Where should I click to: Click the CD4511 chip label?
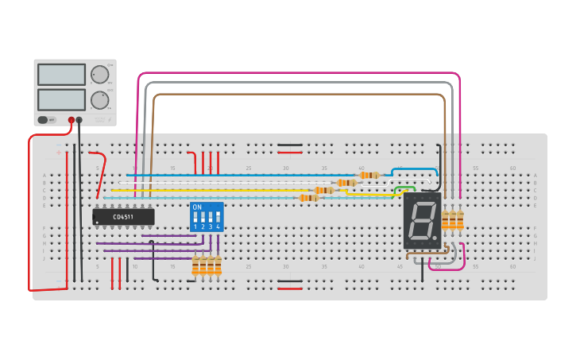(123, 216)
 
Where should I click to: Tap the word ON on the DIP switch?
(197, 207)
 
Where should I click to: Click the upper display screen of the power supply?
(61, 75)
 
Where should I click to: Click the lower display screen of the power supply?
(61, 99)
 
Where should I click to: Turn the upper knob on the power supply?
(99, 75)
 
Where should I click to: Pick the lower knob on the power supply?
(99, 100)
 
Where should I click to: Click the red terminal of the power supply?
(72, 120)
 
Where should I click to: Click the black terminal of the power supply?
(79, 120)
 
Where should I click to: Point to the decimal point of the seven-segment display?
(435, 238)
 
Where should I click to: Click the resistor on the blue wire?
(369, 175)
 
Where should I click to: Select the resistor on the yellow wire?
(323, 190)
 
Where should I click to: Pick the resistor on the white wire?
(346, 183)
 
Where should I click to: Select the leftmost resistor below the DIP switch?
(195, 265)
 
